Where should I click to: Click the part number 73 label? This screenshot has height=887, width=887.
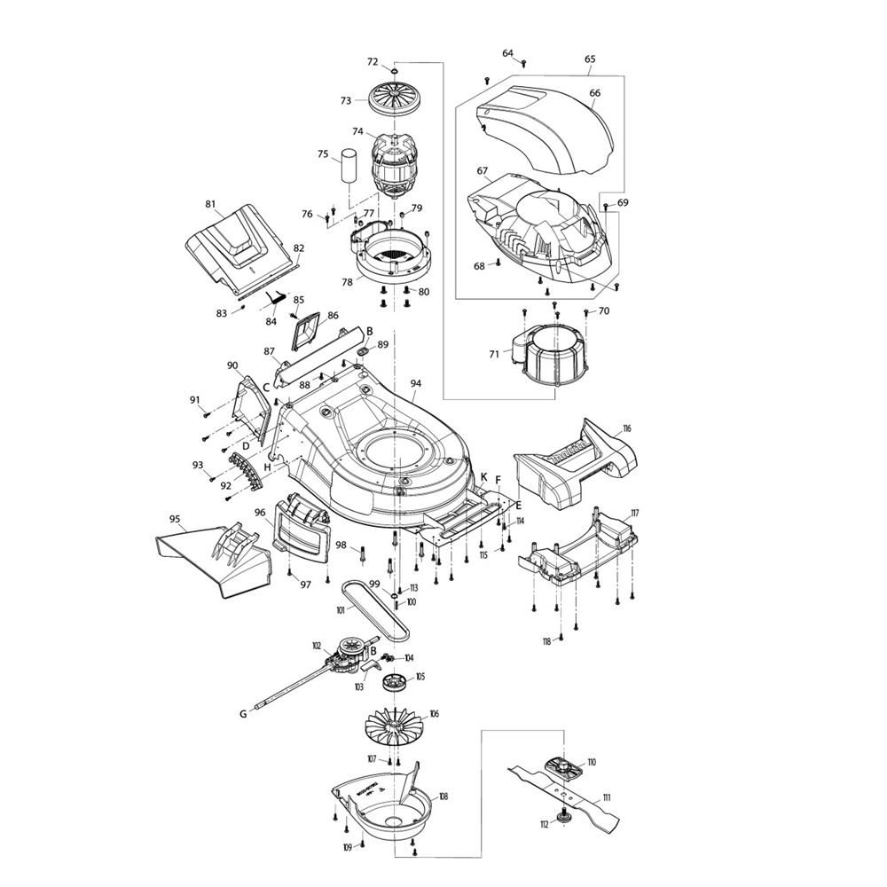point(346,101)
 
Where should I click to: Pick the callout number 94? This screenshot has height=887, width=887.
point(416,383)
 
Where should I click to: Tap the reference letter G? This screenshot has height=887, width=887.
point(243,713)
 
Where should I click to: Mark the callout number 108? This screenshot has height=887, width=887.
point(443,797)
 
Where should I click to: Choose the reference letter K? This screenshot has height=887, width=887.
point(483,477)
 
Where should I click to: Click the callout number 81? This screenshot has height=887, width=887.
point(210,204)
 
